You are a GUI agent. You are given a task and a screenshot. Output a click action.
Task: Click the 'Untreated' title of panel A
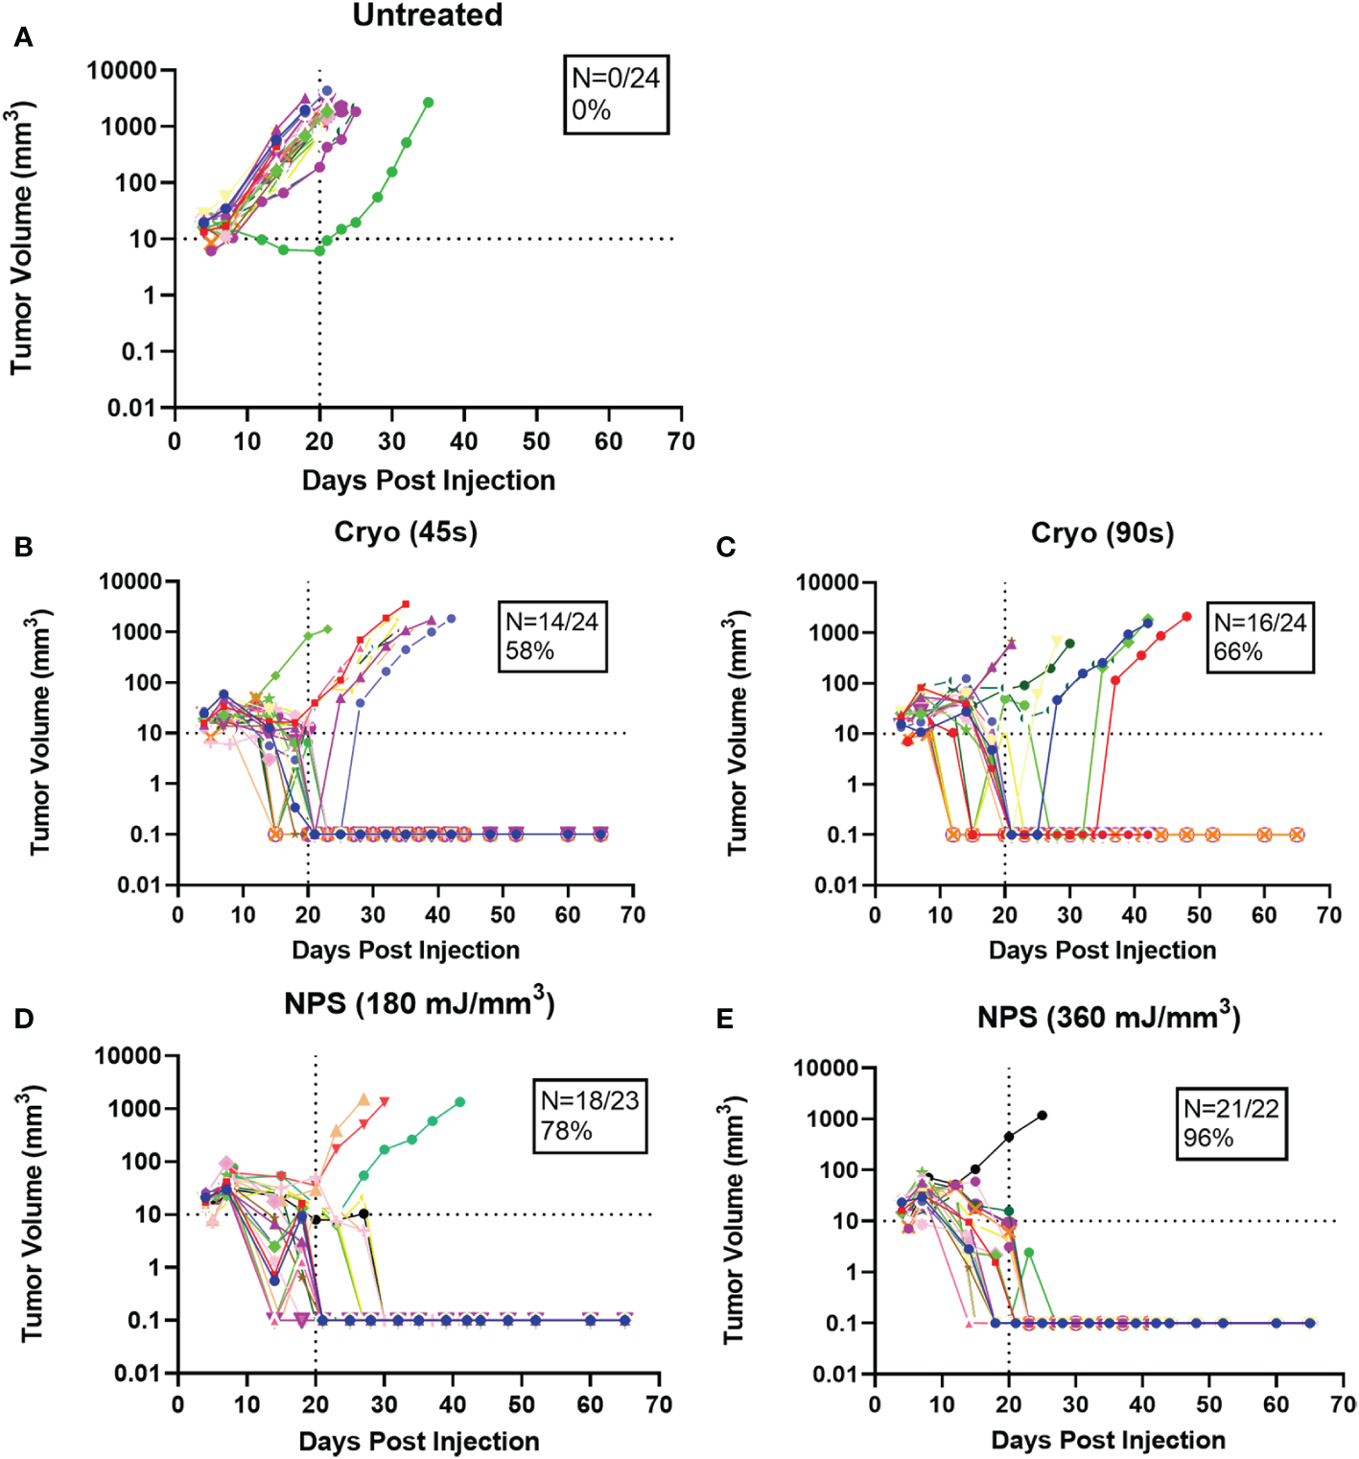[x=428, y=15]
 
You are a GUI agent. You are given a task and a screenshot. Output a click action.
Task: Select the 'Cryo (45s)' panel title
[x=406, y=532]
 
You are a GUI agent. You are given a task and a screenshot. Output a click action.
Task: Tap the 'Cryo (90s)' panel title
[x=1102, y=533]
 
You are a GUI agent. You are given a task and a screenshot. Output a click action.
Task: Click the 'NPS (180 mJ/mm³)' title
[x=419, y=1003]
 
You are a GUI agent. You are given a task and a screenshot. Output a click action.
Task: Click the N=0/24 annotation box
[x=616, y=94]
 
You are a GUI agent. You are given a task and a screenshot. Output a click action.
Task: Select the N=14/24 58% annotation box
[x=552, y=636]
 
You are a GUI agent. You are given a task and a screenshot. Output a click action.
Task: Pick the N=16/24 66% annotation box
[x=1259, y=637]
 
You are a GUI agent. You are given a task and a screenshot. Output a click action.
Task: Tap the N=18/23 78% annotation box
[x=590, y=1116]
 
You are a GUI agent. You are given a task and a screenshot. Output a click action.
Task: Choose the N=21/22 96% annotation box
[x=1231, y=1123]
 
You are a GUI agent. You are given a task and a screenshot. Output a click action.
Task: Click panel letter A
[x=23, y=37]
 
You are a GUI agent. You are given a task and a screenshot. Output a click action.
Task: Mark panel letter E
[x=725, y=1019]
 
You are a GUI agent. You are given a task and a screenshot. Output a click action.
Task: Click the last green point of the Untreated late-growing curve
[x=429, y=103]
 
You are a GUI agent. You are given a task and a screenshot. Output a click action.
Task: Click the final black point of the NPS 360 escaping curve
[x=1043, y=1116]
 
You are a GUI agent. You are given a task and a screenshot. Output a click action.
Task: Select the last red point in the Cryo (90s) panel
[x=1187, y=617]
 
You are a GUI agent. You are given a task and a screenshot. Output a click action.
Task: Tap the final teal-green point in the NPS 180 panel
[x=460, y=1102]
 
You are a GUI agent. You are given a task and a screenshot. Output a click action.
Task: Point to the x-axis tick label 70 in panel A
[x=681, y=441]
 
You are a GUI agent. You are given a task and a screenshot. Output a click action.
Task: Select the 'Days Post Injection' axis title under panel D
[x=419, y=1441]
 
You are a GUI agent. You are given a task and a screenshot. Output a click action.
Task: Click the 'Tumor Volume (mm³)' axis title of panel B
[x=39, y=732]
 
